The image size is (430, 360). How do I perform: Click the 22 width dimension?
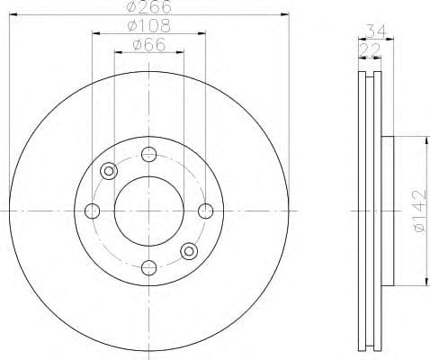tap(370, 50)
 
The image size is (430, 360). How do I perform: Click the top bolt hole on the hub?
tap(149, 154)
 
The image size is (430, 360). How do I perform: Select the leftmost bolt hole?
tap(92, 211)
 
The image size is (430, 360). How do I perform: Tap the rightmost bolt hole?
tap(206, 211)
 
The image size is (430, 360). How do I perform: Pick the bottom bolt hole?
tap(149, 267)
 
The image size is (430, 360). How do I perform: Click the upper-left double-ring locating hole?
tap(110, 170)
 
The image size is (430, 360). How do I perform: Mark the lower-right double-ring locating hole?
tap(188, 250)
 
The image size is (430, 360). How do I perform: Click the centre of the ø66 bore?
tap(149, 211)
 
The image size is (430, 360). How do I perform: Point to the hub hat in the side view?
tap(388, 211)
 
